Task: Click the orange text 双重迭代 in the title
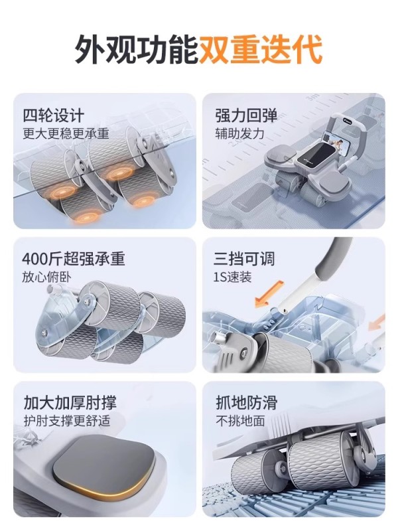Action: pyautogui.click(x=260, y=50)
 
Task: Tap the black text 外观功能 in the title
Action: pyautogui.click(x=137, y=50)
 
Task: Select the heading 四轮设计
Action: pyautogui.click(x=53, y=115)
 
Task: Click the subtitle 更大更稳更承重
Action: pyautogui.click(x=66, y=134)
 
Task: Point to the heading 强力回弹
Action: pyautogui.click(x=246, y=115)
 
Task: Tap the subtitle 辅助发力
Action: pyautogui.click(x=239, y=134)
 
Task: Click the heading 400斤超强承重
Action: pyautogui.click(x=74, y=259)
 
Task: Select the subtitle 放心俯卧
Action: pyautogui.click(x=46, y=277)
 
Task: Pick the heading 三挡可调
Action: pyautogui.click(x=244, y=259)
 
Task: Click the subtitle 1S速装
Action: pyautogui.click(x=233, y=277)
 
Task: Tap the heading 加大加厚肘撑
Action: pyautogui.click(x=70, y=403)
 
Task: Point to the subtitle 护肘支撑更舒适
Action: pyautogui.click(x=67, y=421)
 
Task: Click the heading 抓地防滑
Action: pyautogui.click(x=247, y=403)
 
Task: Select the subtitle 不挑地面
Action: pyautogui.click(x=240, y=421)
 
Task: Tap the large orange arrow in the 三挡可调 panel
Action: pyautogui.click(x=269, y=293)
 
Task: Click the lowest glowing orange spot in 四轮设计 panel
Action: pyautogui.click(x=86, y=217)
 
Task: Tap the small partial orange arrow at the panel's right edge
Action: pyautogui.click(x=377, y=323)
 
